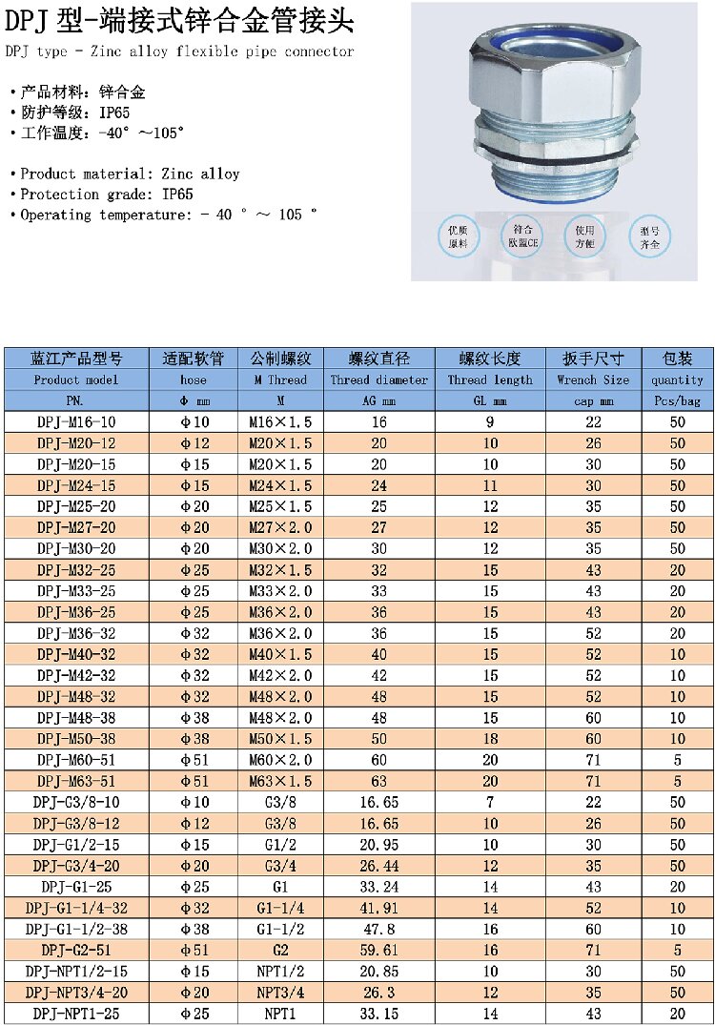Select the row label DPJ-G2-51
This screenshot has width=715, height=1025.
76,950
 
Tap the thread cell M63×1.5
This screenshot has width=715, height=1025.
280,782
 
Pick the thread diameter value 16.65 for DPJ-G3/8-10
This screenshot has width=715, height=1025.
378,803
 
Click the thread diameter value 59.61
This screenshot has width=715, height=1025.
378,950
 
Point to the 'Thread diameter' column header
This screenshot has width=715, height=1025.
378,379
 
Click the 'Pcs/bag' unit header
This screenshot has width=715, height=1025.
677,400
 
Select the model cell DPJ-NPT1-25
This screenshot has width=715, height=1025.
76,1013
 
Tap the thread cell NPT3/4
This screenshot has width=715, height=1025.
280,992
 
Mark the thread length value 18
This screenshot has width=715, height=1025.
490,739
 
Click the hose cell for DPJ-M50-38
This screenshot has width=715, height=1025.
194,739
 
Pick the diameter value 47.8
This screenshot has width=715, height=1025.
378,929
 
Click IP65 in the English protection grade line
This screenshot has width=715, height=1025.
177,195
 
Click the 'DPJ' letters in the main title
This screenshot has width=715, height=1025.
30,19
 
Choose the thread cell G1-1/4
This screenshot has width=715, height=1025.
280,908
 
